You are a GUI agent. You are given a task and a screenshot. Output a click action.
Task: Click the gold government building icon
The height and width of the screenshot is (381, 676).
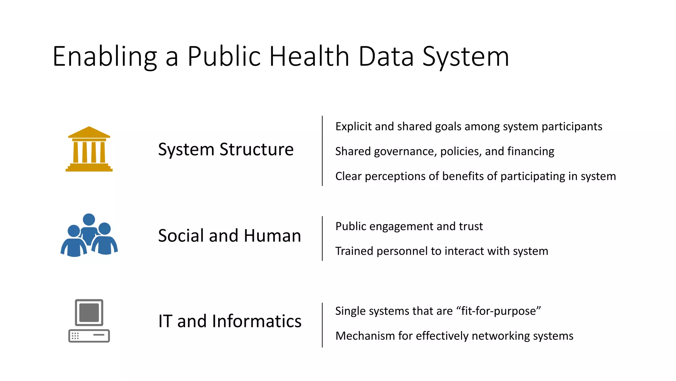(89, 149)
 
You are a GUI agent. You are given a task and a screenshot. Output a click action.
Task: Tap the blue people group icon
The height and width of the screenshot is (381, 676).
(89, 235)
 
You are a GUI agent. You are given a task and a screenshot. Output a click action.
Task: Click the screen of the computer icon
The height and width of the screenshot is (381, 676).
(89, 313)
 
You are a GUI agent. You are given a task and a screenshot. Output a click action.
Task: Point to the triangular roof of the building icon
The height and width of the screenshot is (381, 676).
(89, 132)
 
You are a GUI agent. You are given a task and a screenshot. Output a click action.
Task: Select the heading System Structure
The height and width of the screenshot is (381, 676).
(226, 149)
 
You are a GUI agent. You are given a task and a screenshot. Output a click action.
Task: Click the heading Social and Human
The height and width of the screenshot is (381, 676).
(229, 236)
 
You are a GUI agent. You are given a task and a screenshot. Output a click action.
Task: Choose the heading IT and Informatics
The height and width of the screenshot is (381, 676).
(230, 321)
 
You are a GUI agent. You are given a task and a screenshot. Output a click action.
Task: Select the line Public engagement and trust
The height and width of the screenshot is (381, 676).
(409, 227)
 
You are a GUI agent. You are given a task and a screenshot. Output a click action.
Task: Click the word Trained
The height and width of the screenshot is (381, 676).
(355, 251)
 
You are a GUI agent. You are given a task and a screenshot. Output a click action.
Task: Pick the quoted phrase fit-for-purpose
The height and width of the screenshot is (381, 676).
(498, 311)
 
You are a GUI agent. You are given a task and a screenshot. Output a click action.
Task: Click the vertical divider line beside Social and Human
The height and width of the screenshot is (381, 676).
(322, 238)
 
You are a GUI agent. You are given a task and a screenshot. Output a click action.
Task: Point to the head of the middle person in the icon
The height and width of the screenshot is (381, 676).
(89, 219)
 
